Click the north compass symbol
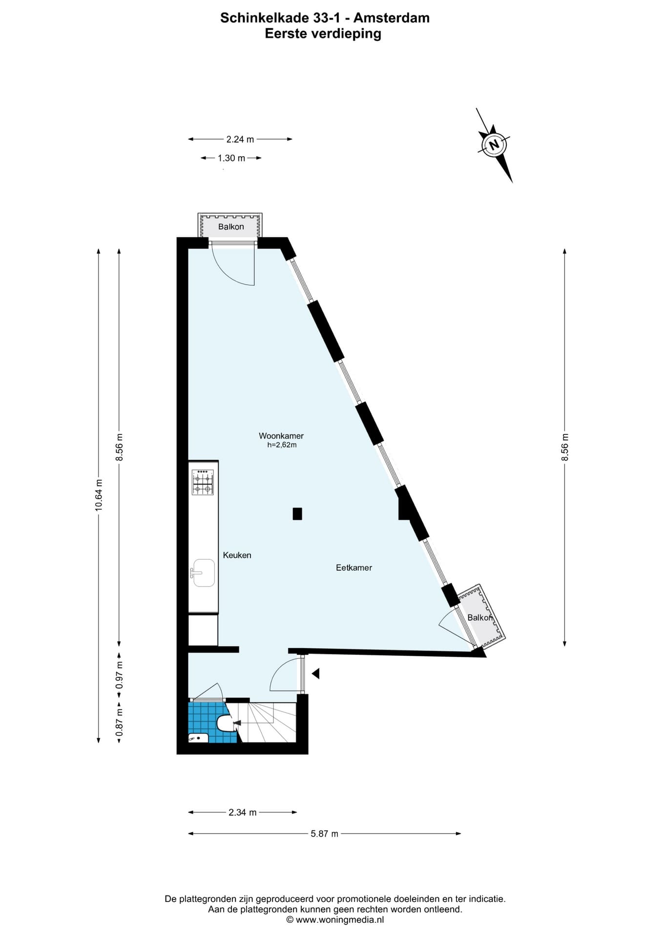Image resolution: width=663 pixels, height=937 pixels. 494,145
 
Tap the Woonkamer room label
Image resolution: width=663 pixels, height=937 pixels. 281,436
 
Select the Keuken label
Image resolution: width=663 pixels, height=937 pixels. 237,555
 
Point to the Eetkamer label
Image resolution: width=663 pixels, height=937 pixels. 354,568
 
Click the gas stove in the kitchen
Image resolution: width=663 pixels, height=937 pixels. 203,482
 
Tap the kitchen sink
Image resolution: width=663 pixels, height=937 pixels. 203,573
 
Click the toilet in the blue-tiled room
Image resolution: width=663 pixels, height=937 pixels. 226,723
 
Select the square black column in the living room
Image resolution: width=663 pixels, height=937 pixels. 297,514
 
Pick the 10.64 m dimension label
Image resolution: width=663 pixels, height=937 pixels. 99,495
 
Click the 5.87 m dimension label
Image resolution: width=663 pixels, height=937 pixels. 325,834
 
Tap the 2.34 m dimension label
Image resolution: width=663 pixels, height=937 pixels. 243,813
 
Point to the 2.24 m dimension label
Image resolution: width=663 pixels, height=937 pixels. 240,139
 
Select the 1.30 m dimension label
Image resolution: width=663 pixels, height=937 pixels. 231,158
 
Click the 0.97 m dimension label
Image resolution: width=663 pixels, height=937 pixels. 119,675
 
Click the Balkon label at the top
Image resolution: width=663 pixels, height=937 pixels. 231,226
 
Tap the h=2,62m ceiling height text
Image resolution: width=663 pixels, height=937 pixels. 282,445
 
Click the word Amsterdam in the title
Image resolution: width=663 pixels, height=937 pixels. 392,18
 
